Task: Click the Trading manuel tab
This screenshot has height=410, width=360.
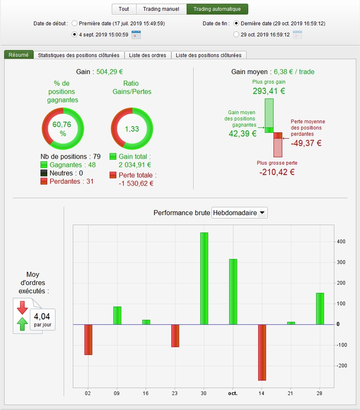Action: tap(161, 9)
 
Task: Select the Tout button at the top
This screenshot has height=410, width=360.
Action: tap(124, 9)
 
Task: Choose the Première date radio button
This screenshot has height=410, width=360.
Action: tap(75, 24)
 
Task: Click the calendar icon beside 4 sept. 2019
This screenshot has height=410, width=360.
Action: tap(136, 35)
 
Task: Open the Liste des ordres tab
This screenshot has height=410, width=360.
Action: tap(148, 55)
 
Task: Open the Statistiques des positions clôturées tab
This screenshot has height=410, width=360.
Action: tap(79, 55)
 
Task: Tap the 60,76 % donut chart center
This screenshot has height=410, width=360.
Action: tap(62, 129)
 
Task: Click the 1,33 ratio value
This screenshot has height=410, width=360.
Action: tap(132, 129)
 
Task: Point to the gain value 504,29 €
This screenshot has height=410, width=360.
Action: tap(110, 72)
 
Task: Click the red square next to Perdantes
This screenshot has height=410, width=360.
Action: tap(44, 181)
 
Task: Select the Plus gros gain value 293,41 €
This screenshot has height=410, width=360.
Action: tap(269, 91)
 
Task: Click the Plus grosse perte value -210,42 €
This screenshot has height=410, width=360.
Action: tap(277, 172)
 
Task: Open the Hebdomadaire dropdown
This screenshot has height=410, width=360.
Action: tap(240, 213)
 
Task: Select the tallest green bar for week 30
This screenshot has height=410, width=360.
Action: tap(204, 279)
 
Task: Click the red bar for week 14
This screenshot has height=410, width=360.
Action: tap(262, 352)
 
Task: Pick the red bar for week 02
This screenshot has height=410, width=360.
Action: tap(88, 340)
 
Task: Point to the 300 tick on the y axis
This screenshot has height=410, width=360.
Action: tap(341, 262)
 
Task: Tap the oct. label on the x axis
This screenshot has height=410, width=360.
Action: tap(233, 393)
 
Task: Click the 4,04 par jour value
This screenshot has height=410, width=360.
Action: tap(42, 320)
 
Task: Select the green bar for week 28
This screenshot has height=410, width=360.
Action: tap(320, 309)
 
